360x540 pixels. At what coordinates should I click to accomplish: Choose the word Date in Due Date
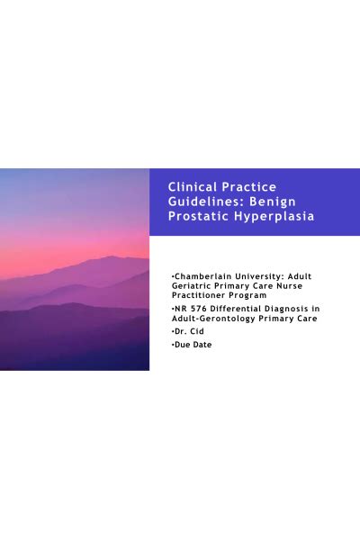202,345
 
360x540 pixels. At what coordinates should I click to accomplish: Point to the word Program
250,294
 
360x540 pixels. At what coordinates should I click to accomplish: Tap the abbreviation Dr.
178,332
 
